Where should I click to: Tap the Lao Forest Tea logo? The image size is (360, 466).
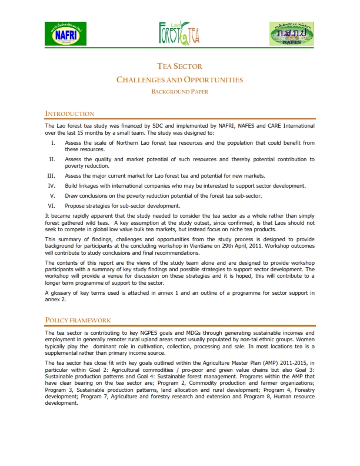[x=179, y=34]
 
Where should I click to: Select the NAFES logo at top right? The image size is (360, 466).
[x=291, y=34]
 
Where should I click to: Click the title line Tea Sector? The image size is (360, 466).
[x=180, y=66]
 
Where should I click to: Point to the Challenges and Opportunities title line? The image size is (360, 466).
[x=180, y=79]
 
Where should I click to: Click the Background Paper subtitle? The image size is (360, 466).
[x=180, y=91]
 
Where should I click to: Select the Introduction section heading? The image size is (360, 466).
[x=69, y=114]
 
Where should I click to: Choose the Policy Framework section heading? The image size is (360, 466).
[x=78, y=320]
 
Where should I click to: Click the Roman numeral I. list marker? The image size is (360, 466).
[x=54, y=143]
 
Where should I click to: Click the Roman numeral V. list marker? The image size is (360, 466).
[x=53, y=195]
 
